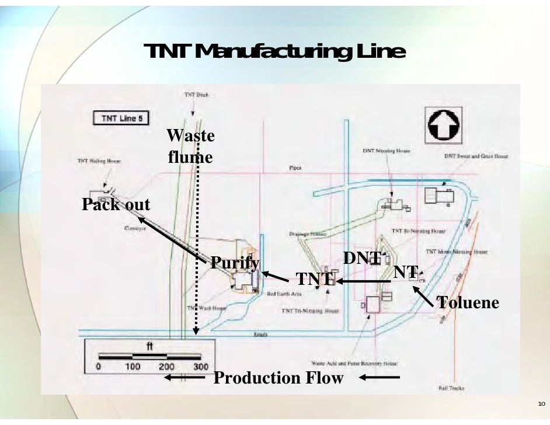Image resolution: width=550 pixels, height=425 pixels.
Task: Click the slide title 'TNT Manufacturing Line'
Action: tap(275, 52)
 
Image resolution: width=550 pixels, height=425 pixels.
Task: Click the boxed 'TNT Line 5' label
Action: tap(121, 119)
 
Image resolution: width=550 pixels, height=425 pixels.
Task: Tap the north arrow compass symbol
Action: tap(445, 124)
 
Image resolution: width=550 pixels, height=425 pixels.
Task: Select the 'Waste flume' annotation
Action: tap(190, 147)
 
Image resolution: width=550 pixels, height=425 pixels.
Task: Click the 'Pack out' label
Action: tap(116, 205)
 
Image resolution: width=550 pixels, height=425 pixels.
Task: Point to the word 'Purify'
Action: tap(234, 263)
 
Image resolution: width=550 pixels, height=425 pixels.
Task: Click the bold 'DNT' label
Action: tap(361, 258)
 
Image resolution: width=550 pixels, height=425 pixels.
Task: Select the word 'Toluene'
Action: tap(468, 302)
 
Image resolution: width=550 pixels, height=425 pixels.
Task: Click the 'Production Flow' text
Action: tap(279, 378)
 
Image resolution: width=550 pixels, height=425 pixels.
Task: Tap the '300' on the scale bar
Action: tap(200, 367)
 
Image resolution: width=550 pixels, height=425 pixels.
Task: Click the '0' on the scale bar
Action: tap(99, 367)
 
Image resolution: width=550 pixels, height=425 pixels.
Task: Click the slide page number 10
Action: tap(541, 404)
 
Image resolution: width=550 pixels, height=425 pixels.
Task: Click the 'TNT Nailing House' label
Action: tap(99, 161)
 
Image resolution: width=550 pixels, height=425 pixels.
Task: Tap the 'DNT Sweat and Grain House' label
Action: tap(475, 156)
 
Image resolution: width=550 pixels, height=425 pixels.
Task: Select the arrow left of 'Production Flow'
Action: tap(185, 378)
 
